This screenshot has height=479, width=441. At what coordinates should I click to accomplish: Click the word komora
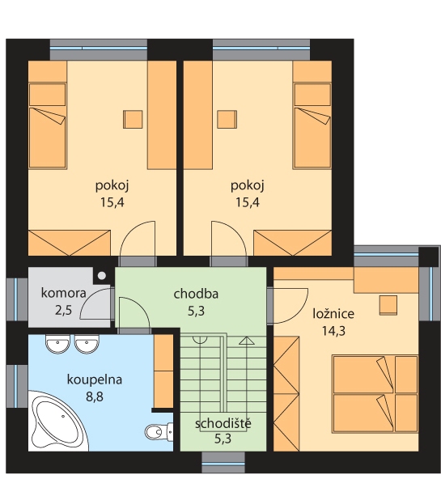tap(64, 293)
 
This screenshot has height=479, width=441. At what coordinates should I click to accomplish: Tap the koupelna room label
tap(95, 379)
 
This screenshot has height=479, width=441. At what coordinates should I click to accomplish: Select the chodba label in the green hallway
tap(196, 294)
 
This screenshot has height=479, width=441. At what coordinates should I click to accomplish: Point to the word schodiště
tap(223, 423)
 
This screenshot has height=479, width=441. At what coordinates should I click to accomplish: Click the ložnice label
tap(333, 314)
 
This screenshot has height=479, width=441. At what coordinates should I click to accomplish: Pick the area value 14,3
tap(334, 331)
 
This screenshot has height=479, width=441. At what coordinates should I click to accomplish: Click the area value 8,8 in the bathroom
tap(95, 396)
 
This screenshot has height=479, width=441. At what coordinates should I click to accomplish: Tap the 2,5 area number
tap(64, 311)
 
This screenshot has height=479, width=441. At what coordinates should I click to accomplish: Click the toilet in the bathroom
tap(159, 431)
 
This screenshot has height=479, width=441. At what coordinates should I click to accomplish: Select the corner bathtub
tap(58, 421)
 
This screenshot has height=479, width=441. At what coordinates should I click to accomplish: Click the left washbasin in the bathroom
tap(57, 344)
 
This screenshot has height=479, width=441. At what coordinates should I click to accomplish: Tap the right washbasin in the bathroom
tap(87, 344)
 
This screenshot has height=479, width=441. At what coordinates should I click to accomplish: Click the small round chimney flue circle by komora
tap(102, 276)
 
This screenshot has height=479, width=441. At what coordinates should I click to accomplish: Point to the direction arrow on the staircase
tap(247, 341)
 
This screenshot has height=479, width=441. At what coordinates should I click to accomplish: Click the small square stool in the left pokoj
tap(133, 119)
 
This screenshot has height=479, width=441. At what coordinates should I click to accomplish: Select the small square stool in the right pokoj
tap(227, 119)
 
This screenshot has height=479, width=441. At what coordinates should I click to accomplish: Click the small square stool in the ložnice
tap(388, 305)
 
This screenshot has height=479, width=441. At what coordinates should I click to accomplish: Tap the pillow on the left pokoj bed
tap(48, 95)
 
